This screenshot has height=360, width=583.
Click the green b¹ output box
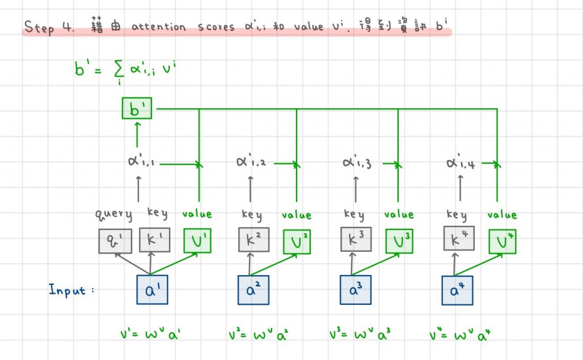[x=137, y=108]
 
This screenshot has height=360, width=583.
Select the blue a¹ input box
[x=152, y=290]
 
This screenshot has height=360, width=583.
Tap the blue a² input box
[x=253, y=290]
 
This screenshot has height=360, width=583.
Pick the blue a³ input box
[x=355, y=290]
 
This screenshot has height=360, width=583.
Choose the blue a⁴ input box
[x=457, y=290]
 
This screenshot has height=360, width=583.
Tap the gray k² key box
[x=253, y=240]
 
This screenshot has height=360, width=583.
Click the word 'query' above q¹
[x=113, y=215]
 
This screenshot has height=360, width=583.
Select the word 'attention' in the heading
[x=159, y=27]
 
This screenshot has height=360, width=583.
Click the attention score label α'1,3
[x=358, y=163]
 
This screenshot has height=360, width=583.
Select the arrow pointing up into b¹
[x=137, y=133]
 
